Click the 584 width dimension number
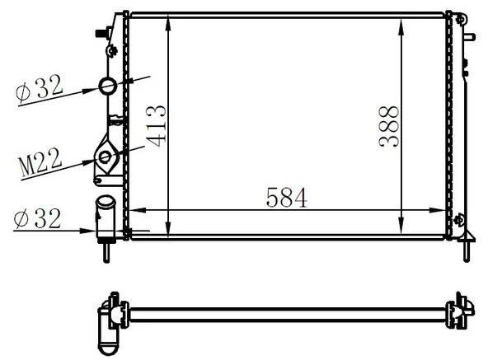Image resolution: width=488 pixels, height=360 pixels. (x=286, y=197)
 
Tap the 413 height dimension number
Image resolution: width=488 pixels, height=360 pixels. (x=157, y=124)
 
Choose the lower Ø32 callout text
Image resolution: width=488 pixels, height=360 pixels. (x=38, y=218)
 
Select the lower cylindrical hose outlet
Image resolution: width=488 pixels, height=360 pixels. (x=106, y=216)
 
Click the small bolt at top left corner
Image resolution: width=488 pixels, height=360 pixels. (x=103, y=32)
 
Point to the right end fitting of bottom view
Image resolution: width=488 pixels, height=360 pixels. (x=458, y=311)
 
